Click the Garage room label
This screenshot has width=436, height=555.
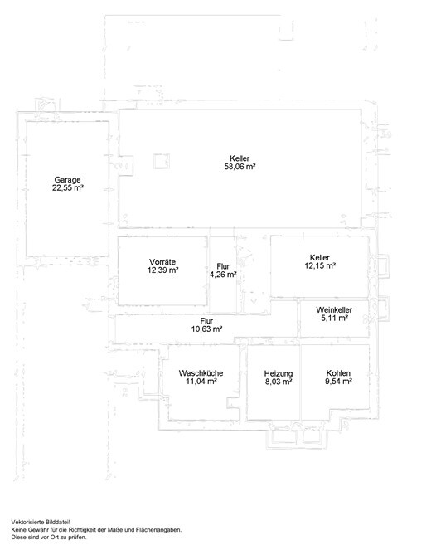(67, 179)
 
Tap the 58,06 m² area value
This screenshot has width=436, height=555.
(240, 167)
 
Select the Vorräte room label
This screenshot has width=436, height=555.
(162, 262)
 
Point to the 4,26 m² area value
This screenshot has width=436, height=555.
(223, 275)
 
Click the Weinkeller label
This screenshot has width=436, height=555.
(334, 309)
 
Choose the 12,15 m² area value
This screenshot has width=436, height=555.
(320, 265)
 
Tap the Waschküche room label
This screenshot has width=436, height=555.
(201, 373)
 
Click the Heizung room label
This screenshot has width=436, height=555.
(279, 373)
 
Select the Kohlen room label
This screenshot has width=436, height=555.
(338, 373)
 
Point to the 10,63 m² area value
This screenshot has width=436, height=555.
(206, 329)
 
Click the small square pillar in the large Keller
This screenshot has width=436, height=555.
(162, 162)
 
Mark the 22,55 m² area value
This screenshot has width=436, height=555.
(67, 187)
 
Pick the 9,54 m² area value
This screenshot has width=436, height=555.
(338, 382)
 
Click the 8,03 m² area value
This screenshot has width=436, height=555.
(279, 382)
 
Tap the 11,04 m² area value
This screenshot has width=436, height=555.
(201, 382)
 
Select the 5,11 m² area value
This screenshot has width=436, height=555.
(334, 318)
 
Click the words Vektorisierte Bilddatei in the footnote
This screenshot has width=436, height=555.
(41, 522)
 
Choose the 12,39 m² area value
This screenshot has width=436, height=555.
(162, 270)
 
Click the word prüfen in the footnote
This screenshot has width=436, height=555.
(79, 538)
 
